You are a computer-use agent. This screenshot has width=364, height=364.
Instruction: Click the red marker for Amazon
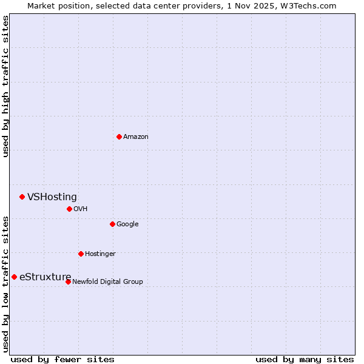tap(119, 136)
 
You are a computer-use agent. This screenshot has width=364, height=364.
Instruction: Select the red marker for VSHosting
tap(22, 197)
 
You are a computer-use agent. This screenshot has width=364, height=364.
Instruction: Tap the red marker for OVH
tap(69, 209)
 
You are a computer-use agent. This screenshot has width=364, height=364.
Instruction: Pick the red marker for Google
tap(112, 224)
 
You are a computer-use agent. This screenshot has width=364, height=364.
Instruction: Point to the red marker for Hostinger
tap(81, 254)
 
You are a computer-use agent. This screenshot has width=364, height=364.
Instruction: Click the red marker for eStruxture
tap(14, 277)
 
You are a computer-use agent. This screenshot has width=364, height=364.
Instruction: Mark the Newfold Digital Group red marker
tap(68, 281)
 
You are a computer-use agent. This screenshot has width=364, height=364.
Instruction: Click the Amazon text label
tap(136, 137)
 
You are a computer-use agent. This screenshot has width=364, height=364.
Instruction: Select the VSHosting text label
tap(52, 197)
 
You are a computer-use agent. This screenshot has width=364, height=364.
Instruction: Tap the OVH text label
tap(81, 209)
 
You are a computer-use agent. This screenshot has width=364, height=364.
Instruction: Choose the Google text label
tap(127, 224)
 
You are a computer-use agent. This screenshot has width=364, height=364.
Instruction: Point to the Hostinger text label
tap(100, 254)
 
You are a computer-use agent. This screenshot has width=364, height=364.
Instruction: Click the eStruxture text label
tap(45, 277)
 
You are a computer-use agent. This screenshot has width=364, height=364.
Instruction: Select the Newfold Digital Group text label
tap(107, 282)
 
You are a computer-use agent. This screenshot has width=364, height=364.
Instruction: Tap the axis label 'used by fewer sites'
tap(62, 360)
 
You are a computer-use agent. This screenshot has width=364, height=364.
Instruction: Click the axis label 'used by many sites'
tap(305, 360)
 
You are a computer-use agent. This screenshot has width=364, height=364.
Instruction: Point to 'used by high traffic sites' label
tap(5, 86)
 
